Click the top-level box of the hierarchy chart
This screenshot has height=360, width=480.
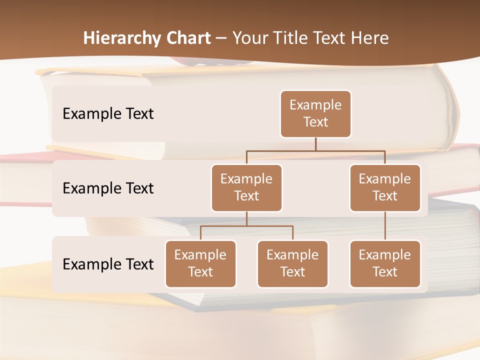click(315, 114)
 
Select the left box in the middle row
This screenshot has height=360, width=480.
click(246, 188)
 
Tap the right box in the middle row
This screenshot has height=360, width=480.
click(385, 188)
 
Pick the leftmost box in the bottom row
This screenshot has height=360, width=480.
click(200, 264)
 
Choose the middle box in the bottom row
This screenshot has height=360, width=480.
click(292, 264)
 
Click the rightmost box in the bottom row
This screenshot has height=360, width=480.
click(385, 264)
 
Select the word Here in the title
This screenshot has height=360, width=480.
click(370, 38)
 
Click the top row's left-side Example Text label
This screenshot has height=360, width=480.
click(108, 114)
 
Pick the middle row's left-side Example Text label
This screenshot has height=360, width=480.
click(108, 188)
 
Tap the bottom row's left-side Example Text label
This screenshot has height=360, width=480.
click(108, 264)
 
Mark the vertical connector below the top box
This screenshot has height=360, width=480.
click(315, 144)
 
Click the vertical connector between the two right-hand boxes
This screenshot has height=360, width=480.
click(385, 226)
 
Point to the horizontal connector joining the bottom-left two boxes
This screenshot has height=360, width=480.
click(246, 226)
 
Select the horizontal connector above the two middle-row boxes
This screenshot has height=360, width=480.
click(315, 150)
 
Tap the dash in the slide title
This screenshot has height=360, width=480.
click(221, 38)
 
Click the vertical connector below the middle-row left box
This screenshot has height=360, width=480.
click(246, 218)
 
